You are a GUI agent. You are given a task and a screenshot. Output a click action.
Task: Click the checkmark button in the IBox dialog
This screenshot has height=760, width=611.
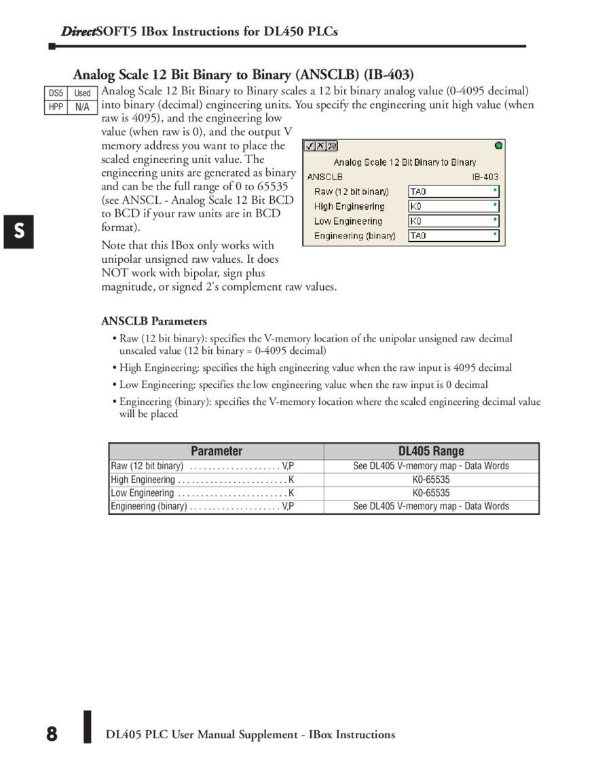coord(309,146)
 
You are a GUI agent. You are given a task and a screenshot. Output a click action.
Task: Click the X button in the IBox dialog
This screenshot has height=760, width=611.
coord(320,146)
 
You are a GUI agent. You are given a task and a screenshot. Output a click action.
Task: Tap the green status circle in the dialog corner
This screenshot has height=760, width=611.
coord(499,145)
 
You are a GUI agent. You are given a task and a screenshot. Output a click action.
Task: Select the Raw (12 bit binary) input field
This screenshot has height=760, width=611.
coord(453,192)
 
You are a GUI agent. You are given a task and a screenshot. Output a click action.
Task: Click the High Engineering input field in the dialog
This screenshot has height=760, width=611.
coord(453,206)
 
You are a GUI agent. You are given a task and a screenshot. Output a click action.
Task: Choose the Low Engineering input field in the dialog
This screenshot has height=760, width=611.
coord(453,221)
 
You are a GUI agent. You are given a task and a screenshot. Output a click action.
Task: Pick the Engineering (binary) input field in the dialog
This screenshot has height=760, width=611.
coord(453,236)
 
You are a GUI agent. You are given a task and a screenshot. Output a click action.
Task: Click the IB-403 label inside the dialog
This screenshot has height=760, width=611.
coord(485,177)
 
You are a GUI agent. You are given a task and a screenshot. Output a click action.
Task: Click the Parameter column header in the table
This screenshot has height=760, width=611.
coord(217,451)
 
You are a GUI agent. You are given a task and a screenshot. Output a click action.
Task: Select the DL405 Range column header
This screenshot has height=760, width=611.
coord(431,451)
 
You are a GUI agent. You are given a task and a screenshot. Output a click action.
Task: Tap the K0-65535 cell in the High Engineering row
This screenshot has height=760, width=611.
coord(431,479)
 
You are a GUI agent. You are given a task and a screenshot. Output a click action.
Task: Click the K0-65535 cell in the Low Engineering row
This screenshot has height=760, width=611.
coord(431,493)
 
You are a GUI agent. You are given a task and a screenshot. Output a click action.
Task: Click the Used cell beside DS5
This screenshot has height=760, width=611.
coord(82,93)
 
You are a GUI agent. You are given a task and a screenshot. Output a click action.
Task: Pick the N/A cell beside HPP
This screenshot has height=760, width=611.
coord(82,107)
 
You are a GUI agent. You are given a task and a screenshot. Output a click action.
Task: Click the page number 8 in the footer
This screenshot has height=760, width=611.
coord(52,734)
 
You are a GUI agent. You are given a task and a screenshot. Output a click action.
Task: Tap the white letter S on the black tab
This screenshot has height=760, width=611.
coord(19,231)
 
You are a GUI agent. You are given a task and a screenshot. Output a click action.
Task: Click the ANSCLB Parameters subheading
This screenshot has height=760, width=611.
coord(154,321)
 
